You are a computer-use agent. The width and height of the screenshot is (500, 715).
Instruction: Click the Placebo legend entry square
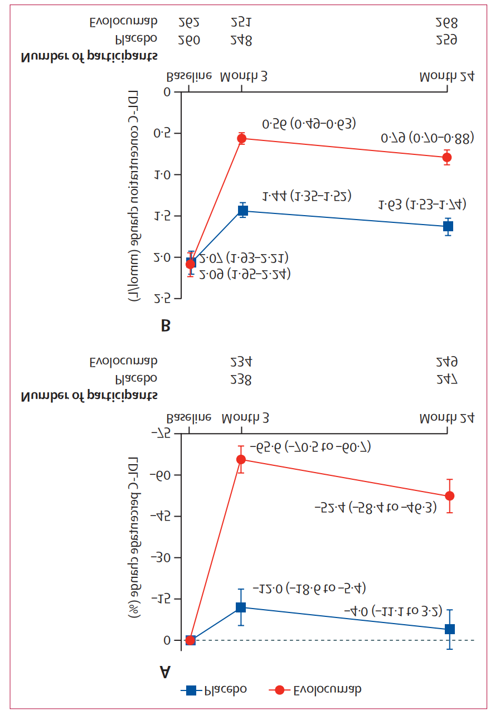(x=191, y=690)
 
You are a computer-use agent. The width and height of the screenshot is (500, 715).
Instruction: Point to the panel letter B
(x=165, y=325)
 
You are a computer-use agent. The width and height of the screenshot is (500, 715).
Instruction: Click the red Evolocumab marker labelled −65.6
(x=241, y=459)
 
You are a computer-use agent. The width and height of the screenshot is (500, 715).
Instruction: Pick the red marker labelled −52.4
(x=449, y=496)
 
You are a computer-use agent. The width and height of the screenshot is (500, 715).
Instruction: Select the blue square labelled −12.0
(x=241, y=607)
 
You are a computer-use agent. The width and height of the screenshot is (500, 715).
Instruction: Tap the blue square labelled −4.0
(x=449, y=629)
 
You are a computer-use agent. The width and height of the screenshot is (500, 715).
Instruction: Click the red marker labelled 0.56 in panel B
(x=241, y=138)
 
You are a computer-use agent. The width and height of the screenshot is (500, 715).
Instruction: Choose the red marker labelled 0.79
(x=447, y=158)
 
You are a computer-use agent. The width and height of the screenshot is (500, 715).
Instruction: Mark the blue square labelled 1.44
(x=242, y=210)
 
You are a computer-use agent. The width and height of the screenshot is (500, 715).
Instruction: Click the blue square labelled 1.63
(x=448, y=226)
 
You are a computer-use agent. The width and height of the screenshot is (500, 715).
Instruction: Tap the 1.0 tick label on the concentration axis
(x=162, y=174)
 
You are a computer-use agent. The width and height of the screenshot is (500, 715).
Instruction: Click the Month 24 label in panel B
(x=447, y=75)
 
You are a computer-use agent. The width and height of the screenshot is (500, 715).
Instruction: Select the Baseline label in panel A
(x=189, y=416)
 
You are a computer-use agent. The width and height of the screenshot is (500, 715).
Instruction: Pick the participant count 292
(x=188, y=22)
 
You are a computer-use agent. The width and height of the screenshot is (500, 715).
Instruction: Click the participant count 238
(x=241, y=380)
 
